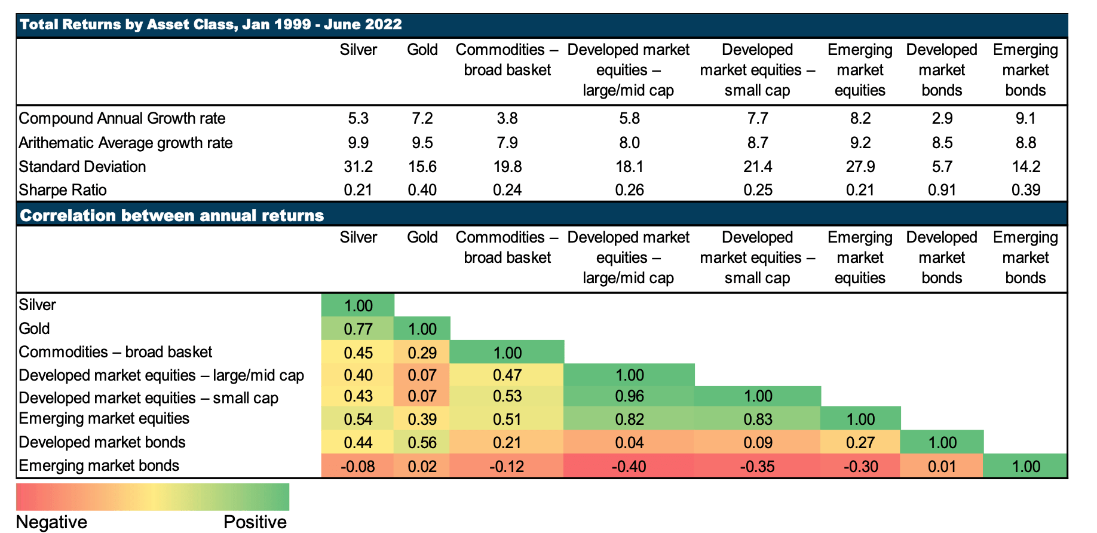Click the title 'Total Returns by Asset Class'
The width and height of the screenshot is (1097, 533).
pos(210,24)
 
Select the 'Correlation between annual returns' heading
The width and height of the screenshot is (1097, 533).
pos(172,215)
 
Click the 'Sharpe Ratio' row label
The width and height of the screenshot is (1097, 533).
pos(63,190)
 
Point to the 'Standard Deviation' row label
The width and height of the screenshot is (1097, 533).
pos(82,167)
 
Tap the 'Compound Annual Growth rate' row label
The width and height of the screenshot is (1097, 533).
pos(122,118)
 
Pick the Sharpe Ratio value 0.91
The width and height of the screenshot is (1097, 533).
pos(942,190)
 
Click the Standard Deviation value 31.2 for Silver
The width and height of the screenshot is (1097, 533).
pos(358,167)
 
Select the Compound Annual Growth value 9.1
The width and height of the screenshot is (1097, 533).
pos(1025,118)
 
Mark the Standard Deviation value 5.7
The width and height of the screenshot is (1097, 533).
pos(942,167)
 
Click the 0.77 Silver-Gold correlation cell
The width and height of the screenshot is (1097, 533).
pos(358,329)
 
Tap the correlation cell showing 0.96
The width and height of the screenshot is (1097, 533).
pos(629,397)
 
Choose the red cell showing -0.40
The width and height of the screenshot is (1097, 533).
pos(629,466)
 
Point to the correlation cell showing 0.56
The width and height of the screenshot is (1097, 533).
pos(422,443)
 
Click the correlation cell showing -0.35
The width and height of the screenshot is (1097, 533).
pos(758,466)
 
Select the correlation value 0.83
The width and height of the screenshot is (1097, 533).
pos(758,419)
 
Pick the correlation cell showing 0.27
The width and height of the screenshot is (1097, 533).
pos(860,443)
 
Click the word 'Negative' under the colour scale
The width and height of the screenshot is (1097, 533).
pos(51,522)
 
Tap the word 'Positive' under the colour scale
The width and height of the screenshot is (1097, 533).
pos(255,522)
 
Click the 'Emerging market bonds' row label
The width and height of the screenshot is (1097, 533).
pos(99,465)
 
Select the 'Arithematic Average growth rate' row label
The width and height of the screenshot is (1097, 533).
pos(125,143)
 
